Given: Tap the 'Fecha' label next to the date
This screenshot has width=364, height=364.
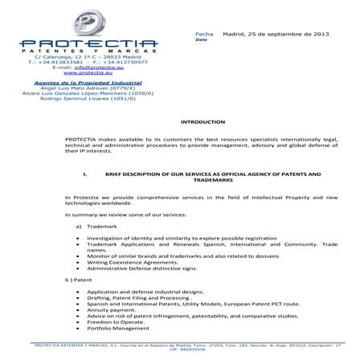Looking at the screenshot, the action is tap(204, 35).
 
